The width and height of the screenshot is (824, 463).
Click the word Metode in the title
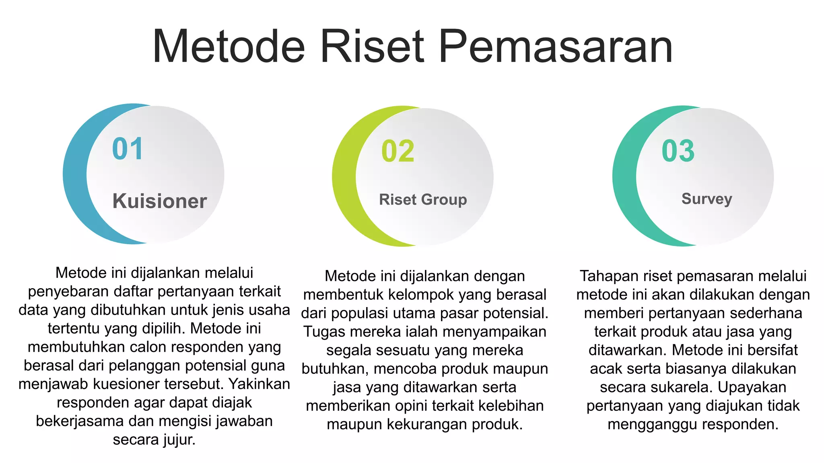pyautogui.click(x=229, y=47)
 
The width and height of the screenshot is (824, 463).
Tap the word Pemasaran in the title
pyautogui.click(x=556, y=47)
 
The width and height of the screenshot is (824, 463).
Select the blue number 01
pyautogui.click(x=128, y=149)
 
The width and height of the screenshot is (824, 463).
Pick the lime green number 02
pyautogui.click(x=398, y=152)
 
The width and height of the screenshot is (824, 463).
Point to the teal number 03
pyautogui.click(x=678, y=152)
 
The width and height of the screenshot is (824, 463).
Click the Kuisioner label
pyautogui.click(x=159, y=201)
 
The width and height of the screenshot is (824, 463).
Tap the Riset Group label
pyautogui.click(x=423, y=200)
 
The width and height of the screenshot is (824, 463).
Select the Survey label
pyautogui.click(x=707, y=199)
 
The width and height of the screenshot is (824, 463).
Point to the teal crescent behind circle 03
pyautogui.click(x=624, y=177)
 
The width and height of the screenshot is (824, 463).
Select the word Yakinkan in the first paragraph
pyautogui.click(x=259, y=384)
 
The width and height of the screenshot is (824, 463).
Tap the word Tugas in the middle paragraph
pyautogui.click(x=324, y=332)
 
